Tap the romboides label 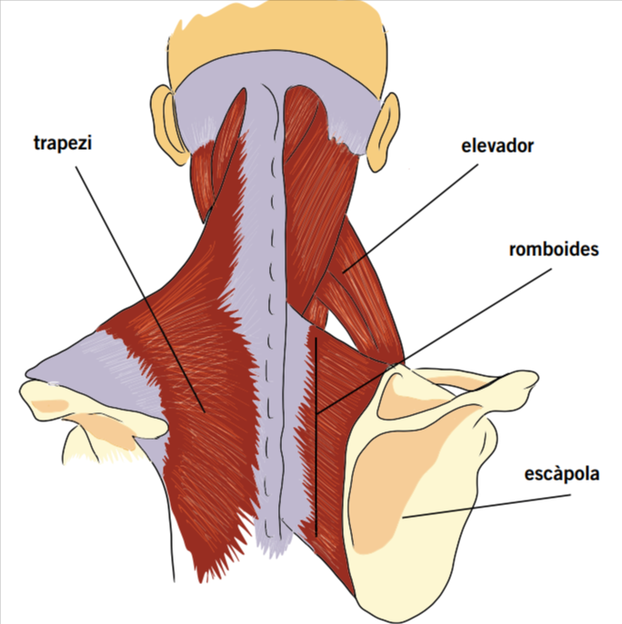(x=554, y=249)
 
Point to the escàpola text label (x=562, y=473)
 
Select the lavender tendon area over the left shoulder (x=91, y=359)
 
